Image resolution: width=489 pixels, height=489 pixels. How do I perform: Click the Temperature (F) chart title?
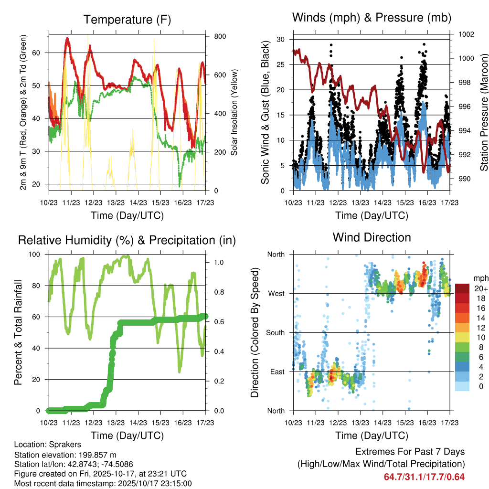tap(127, 20)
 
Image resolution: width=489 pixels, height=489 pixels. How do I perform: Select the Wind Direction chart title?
tap(372, 237)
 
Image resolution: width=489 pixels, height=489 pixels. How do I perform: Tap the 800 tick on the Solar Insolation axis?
tap(220, 36)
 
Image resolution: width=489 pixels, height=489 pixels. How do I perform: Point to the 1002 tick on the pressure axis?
tap(466, 34)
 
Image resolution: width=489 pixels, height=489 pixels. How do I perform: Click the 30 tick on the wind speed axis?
tap(281, 39)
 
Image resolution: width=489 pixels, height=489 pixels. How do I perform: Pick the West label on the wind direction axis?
tap(276, 293)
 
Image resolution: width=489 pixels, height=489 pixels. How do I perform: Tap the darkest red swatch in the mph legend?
tap(462, 288)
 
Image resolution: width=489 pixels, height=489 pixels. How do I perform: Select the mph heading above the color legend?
tap(481, 278)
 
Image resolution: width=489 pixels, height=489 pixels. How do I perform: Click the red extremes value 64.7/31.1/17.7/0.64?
tap(424, 477)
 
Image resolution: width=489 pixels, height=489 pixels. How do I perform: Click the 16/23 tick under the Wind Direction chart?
tap(427, 422)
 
